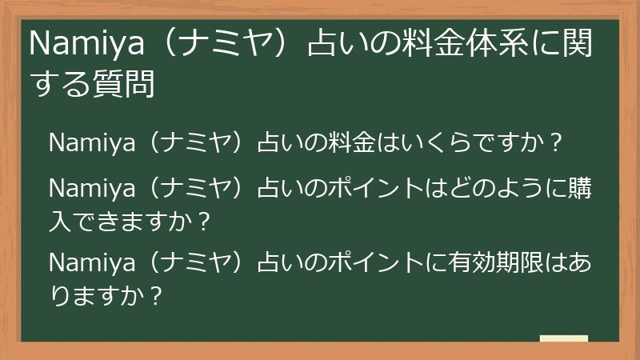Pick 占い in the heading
pyautogui.click(x=328, y=46)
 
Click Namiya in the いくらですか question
pyautogui.click(x=88, y=144)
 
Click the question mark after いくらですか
pyautogui.click(x=558, y=144)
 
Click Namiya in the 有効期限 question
pyautogui.click(x=88, y=262)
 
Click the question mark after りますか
pyautogui.click(x=156, y=295)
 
